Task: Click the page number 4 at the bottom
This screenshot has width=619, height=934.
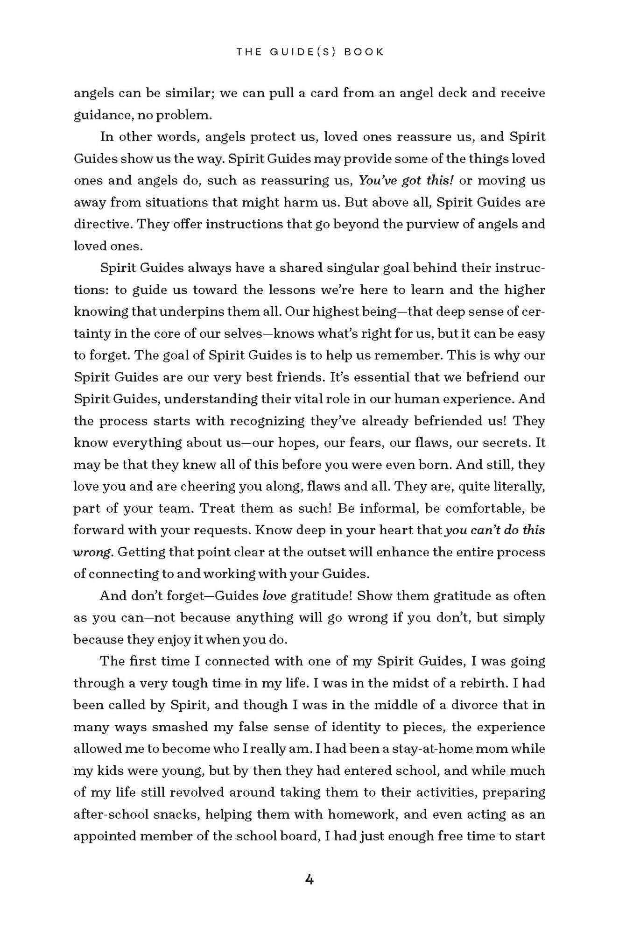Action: tap(309, 880)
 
